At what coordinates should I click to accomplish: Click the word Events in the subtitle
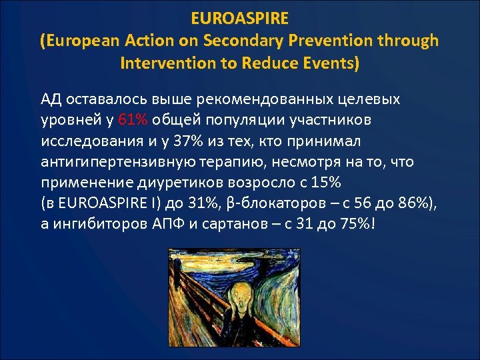333,64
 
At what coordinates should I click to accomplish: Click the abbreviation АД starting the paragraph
51,99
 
